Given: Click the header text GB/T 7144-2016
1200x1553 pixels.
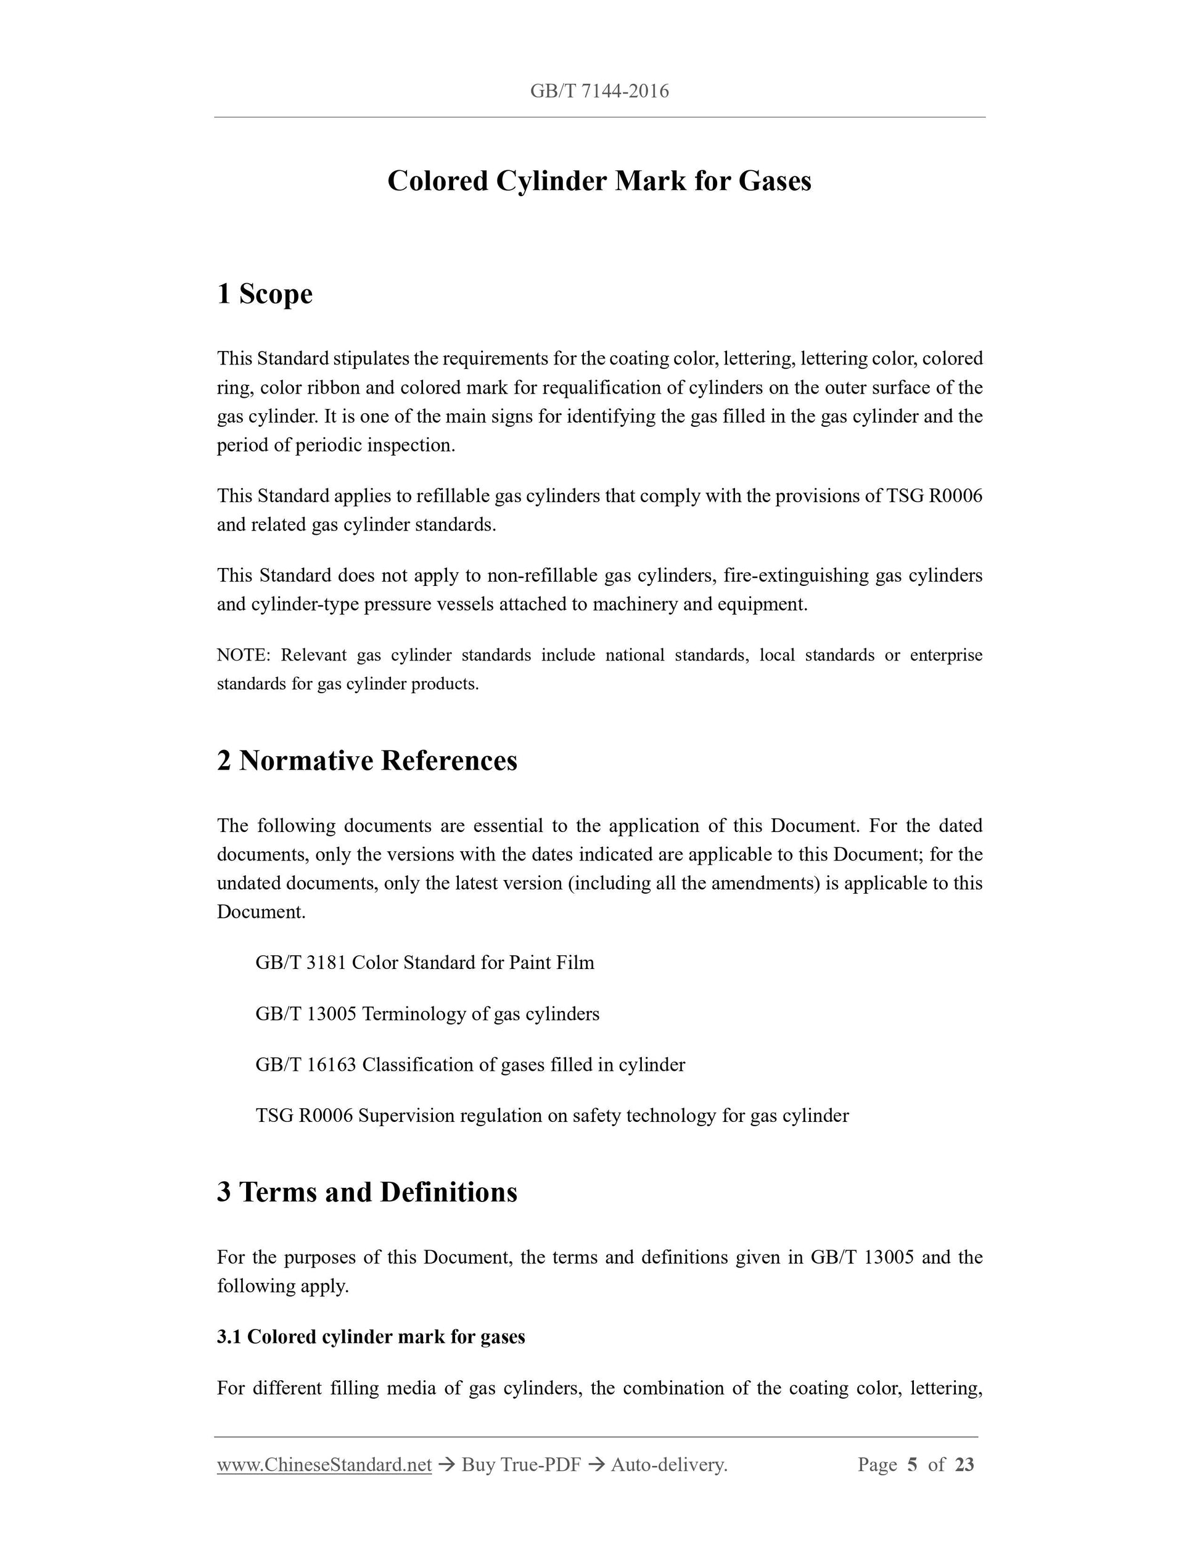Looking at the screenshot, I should pos(599,91).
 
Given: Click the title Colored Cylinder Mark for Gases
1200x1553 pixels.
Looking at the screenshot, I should pos(599,181).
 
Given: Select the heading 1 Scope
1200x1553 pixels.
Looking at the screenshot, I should pos(265,294).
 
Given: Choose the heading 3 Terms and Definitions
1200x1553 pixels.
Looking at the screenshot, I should pos(367,1192).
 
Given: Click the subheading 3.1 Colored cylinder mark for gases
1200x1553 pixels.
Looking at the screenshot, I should pos(371,1337).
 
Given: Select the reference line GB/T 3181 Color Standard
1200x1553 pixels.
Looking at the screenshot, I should pos(424,963).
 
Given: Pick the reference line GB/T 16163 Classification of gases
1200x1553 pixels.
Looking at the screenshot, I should pos(470,1065).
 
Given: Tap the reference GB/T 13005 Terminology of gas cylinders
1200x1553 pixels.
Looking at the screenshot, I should pos(427,1014).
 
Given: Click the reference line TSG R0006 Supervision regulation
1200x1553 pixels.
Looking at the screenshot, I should pos(552,1116).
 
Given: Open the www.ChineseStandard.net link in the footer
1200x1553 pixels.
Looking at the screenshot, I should pos(324,1465).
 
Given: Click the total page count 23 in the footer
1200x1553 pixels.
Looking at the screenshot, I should pos(964,1465).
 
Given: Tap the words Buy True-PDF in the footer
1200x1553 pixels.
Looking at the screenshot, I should pos(521,1465).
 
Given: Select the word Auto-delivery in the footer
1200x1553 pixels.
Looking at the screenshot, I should pos(668,1465).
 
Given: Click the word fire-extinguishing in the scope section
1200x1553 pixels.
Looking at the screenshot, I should pos(796,575).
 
